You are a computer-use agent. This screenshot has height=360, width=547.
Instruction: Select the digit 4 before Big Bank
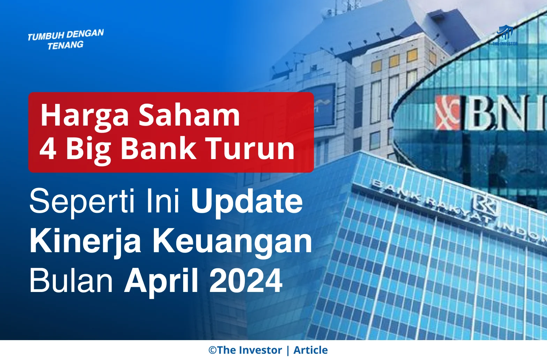pyautogui.click(x=48, y=148)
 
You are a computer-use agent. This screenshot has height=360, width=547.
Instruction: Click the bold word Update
pyautogui.click(x=247, y=202)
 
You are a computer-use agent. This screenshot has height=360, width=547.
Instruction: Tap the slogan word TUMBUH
pyautogui.click(x=46, y=36)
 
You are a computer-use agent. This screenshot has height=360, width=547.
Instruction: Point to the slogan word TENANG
pyautogui.click(x=66, y=45)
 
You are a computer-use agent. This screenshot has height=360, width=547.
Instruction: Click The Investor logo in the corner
pyautogui.click(x=505, y=35)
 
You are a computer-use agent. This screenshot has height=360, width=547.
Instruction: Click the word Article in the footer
pyautogui.click(x=310, y=350)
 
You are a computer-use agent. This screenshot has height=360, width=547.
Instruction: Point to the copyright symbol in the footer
pyautogui.click(x=212, y=350)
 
